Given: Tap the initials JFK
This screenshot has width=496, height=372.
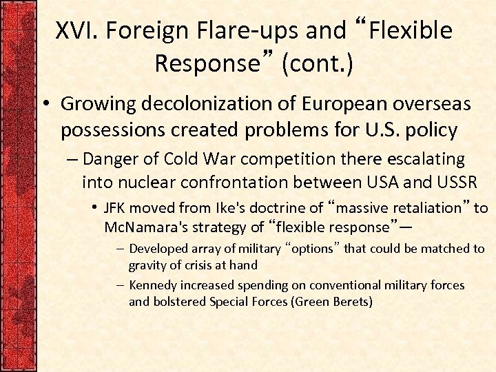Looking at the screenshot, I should [x=115, y=208].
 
